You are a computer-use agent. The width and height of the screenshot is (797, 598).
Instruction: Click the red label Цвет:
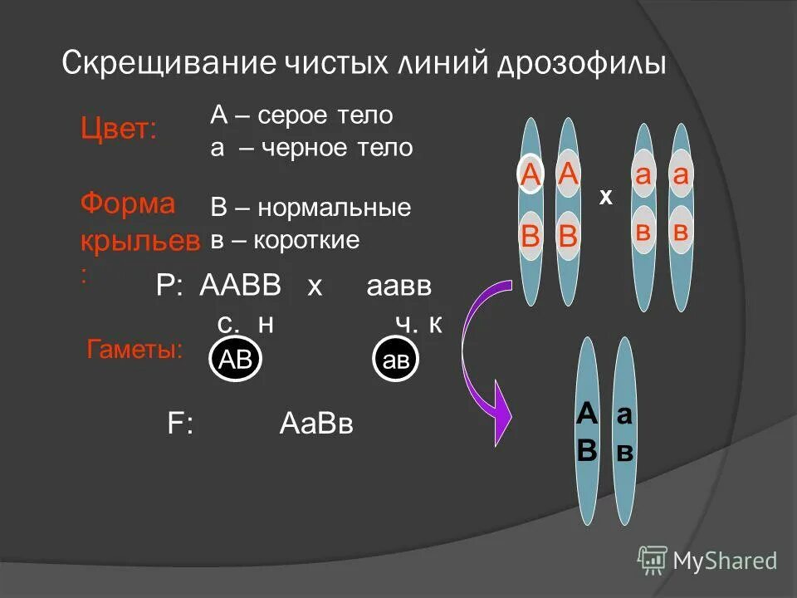coord(118,129)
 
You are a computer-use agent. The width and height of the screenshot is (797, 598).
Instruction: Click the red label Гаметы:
coord(135,350)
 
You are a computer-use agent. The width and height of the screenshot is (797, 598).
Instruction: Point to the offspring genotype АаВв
coord(317,424)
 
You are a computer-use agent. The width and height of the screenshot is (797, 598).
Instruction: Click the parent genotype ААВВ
coord(241,287)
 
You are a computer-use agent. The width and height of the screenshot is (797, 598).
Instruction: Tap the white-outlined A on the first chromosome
coord(530,176)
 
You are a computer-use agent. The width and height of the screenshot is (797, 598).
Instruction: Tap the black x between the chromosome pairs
coord(606,198)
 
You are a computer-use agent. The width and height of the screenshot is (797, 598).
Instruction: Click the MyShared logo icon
coord(653,561)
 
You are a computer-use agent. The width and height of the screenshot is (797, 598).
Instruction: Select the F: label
coord(180,424)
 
